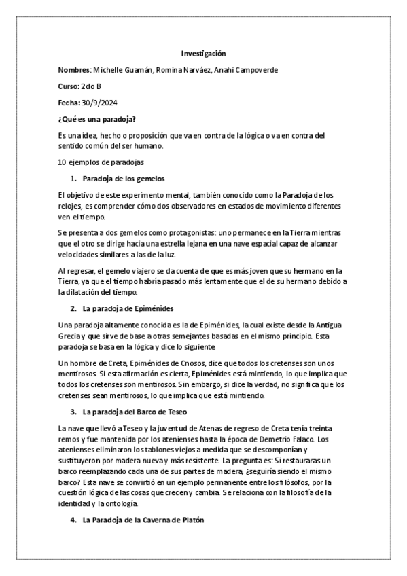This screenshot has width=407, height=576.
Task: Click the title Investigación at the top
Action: (203, 53)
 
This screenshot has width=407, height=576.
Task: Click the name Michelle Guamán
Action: (120, 70)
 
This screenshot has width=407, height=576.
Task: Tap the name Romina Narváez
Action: (180, 70)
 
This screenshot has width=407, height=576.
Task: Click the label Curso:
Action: (69, 86)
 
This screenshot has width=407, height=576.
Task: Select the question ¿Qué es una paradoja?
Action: (97, 119)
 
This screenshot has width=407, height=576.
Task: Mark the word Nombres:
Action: (74, 70)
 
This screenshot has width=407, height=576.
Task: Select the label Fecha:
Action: (69, 103)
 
